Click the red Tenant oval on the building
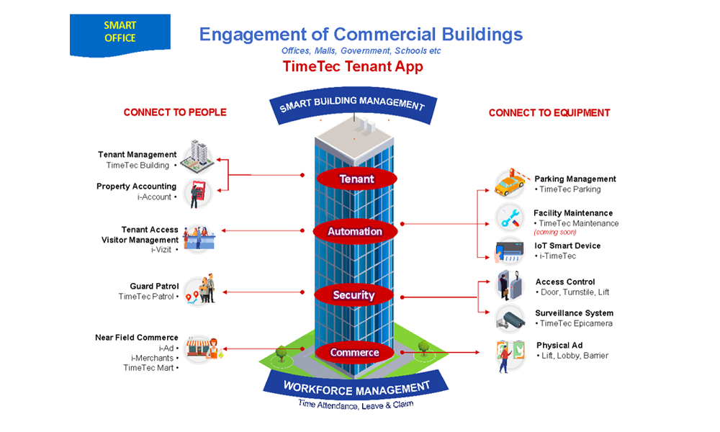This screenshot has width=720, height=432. [357, 178]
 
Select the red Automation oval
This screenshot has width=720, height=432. [355, 231]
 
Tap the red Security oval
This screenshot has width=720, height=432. [354, 294]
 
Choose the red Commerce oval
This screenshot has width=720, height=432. [354, 352]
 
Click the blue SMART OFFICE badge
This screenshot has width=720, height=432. [120, 33]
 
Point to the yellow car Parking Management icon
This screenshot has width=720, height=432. [510, 184]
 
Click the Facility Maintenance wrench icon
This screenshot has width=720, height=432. [510, 217]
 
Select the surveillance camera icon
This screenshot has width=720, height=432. [510, 318]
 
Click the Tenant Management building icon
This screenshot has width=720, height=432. [197, 158]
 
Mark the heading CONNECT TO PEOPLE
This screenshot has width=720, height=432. [175, 112]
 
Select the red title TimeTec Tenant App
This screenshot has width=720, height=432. [353, 67]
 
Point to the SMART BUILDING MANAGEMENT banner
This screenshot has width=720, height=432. [352, 104]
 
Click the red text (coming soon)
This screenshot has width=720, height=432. [555, 233]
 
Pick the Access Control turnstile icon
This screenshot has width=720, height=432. [510, 286]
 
